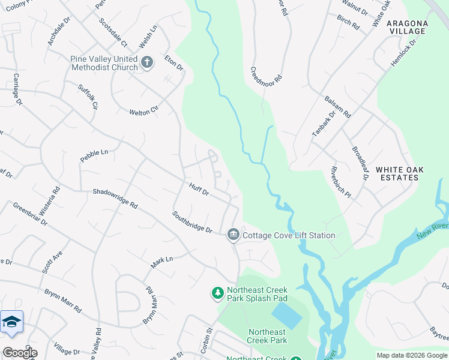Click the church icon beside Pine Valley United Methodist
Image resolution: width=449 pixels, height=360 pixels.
[x=147, y=61]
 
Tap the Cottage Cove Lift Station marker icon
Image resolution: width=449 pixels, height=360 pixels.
[x=233, y=235]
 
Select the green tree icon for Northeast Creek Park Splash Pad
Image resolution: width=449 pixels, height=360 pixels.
[x=217, y=293]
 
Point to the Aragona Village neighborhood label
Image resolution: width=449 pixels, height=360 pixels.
[x=408, y=28]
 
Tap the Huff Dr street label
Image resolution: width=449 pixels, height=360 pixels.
[x=198, y=190]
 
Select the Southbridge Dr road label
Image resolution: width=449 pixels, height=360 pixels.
[x=192, y=222]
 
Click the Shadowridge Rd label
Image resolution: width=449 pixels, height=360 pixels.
[x=115, y=199]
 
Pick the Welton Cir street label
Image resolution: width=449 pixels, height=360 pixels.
[x=143, y=111]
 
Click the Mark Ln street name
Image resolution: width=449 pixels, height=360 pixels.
[x=161, y=262]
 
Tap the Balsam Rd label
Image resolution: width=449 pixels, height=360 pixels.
[x=338, y=106]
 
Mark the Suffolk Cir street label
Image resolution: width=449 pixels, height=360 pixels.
[x=88, y=96]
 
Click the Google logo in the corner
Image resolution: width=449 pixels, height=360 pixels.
[x=19, y=353]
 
